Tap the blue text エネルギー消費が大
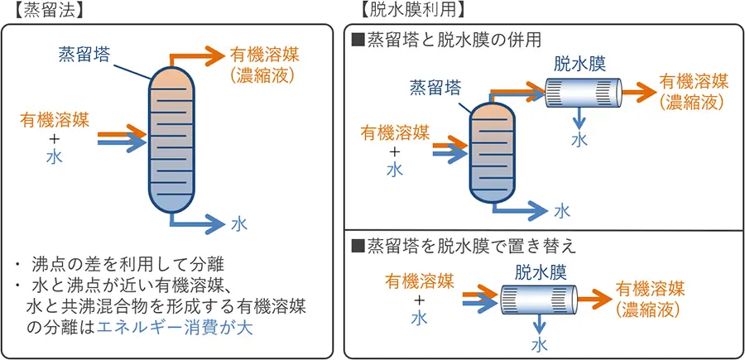coord(173,328)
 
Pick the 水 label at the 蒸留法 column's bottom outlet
coord(238,224)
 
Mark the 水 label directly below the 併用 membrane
coord(581,137)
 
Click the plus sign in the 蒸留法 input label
coord(52,137)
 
